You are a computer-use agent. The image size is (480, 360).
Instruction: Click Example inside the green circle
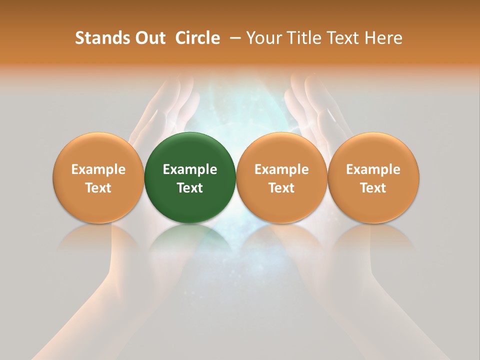(x=190, y=169)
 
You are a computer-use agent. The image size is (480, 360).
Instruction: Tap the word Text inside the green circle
(x=190, y=188)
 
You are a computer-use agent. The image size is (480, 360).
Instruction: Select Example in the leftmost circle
(x=98, y=169)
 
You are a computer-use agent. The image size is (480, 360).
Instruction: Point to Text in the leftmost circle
(x=98, y=188)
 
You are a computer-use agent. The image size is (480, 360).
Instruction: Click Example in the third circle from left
(x=281, y=169)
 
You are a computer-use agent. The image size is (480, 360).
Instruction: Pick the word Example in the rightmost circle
(x=373, y=169)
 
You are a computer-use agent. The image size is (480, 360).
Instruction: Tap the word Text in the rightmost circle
(x=373, y=188)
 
